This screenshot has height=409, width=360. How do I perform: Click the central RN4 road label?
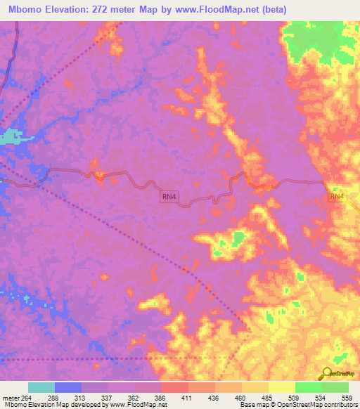(168, 199)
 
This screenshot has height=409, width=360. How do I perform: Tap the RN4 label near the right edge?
(337, 197)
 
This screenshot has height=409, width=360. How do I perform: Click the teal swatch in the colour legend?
(41, 387)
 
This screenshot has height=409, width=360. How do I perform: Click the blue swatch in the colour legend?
(68, 387)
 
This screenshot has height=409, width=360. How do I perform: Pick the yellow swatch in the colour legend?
(282, 387)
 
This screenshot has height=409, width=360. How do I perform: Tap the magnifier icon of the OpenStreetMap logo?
(326, 372)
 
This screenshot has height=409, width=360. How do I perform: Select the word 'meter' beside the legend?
(10, 397)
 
